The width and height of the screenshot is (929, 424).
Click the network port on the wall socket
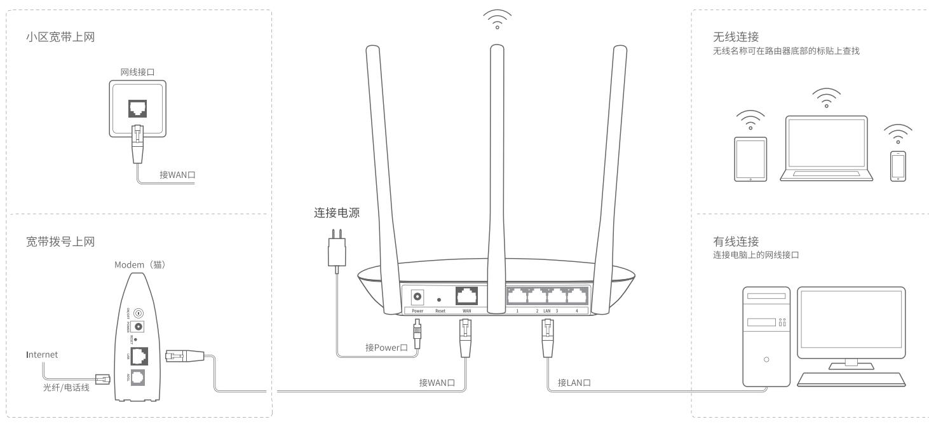click(x=137, y=108)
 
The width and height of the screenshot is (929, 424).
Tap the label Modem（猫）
click(x=140, y=264)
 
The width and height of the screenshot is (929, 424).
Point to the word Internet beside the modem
click(x=41, y=355)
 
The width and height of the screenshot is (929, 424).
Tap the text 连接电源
click(x=337, y=214)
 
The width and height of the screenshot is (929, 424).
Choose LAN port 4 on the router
click(x=576, y=296)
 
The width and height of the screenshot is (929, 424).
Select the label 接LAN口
click(x=574, y=382)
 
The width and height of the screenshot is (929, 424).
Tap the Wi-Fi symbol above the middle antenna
click(x=497, y=20)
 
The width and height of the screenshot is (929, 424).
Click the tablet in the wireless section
click(x=750, y=159)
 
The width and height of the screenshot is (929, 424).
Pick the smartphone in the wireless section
click(x=897, y=166)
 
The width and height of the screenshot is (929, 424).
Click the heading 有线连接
click(x=736, y=242)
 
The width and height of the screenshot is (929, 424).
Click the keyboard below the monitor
click(x=851, y=379)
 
